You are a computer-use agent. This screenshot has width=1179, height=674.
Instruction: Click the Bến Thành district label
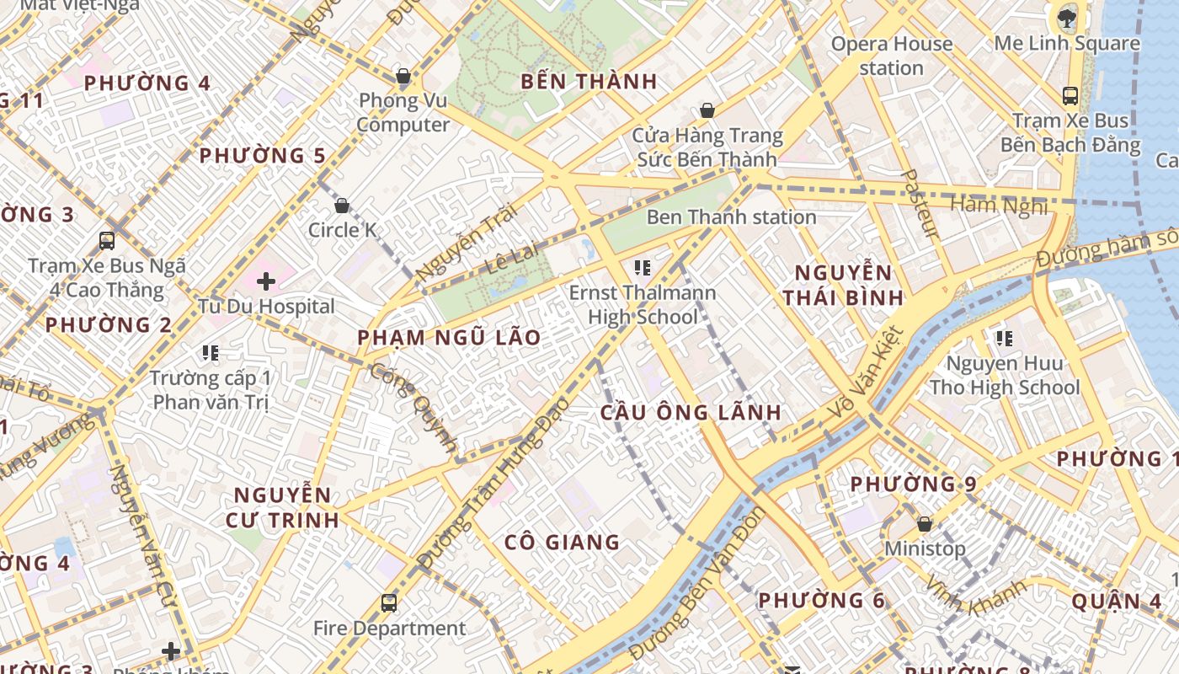coord(588,82)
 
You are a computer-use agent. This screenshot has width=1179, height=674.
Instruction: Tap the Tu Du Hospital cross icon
coord(266,281)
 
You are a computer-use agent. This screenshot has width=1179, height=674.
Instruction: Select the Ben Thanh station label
coord(731,217)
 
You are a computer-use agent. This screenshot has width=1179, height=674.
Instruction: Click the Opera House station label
coord(891,56)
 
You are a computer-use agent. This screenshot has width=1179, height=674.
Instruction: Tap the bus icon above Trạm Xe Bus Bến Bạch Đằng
coord(1070,96)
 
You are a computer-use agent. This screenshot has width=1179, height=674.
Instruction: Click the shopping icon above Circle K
coord(342,206)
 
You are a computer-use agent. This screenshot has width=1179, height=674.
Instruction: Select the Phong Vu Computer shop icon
coord(403,77)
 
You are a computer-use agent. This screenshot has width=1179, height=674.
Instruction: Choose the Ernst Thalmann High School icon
coord(643,269)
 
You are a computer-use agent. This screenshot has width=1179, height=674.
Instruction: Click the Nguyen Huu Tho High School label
coord(1004,376)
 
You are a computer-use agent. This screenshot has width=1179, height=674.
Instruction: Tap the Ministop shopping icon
coord(924,524)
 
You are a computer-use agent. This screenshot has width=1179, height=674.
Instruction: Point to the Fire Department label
coord(389,629)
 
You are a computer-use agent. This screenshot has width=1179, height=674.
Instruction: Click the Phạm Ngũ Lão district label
coord(449,338)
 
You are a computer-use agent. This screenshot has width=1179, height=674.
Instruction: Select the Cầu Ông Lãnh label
coord(691,413)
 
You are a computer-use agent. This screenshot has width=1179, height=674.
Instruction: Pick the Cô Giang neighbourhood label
coord(562,543)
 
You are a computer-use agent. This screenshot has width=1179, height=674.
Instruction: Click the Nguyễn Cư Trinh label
coord(282,507)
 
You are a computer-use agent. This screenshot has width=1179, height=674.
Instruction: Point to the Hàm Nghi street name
coord(999,205)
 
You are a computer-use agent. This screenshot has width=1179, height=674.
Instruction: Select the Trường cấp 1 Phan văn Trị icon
coord(210,353)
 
